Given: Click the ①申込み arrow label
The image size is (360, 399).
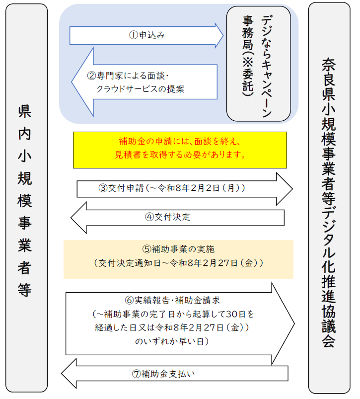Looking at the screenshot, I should [x=146, y=35].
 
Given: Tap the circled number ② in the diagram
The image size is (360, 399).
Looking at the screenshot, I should [x=91, y=76].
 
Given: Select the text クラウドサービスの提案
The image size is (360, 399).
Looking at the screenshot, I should [x=141, y=89].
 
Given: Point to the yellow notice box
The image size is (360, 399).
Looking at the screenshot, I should [x=180, y=150].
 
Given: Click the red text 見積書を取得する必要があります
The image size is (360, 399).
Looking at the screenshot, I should [x=180, y=156].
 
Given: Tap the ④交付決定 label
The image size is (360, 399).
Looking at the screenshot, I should [x=167, y=217].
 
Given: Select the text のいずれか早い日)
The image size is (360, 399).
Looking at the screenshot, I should [x=171, y=342].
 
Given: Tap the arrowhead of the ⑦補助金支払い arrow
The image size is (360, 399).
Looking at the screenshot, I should [x=69, y=374].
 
